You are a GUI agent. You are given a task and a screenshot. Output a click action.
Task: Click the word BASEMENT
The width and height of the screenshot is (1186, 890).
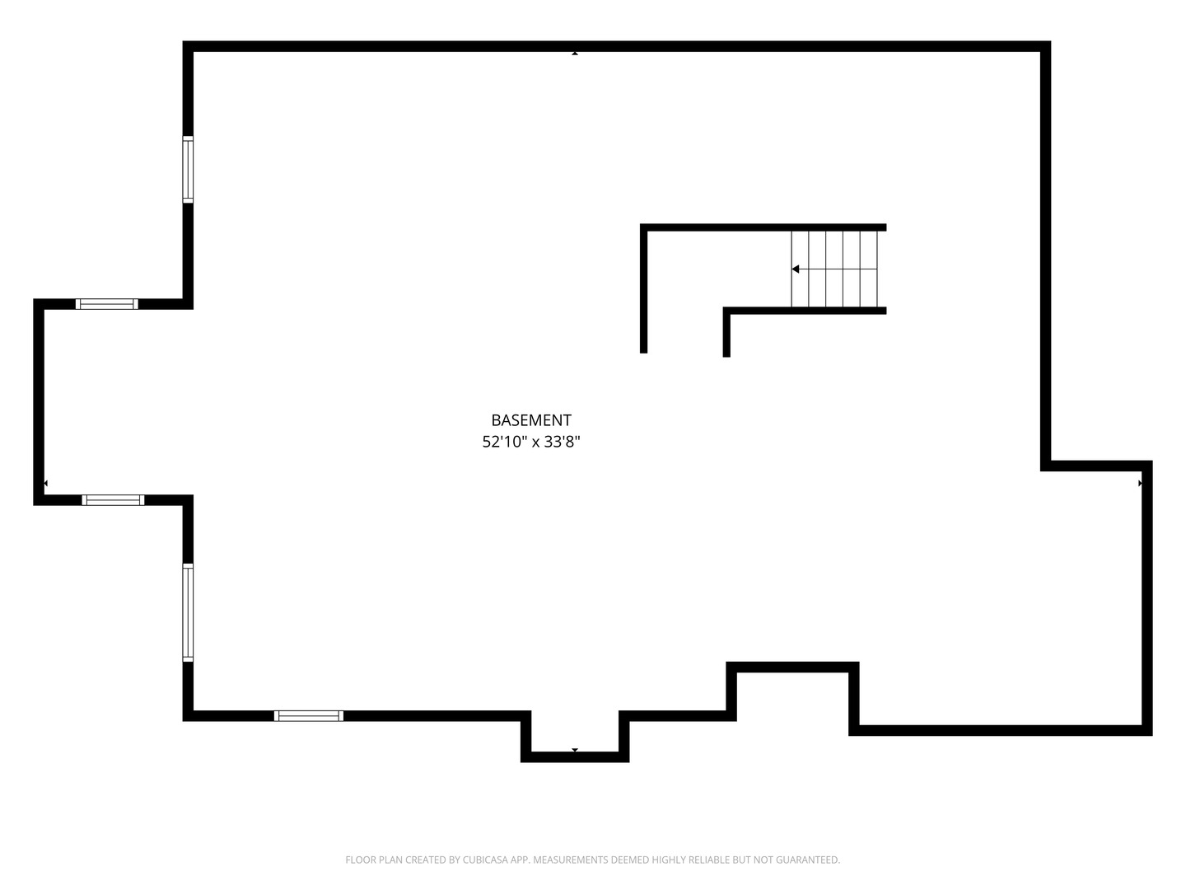(x=531, y=420)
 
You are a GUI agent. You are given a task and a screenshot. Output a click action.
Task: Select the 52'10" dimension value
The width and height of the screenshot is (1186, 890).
(x=503, y=442)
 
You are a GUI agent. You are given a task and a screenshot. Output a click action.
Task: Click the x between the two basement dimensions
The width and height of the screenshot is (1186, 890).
(x=535, y=443)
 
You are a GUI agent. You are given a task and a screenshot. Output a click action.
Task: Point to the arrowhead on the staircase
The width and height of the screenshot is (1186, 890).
(x=796, y=269)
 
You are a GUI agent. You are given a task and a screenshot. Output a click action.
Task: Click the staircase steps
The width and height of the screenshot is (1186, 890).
(x=835, y=269)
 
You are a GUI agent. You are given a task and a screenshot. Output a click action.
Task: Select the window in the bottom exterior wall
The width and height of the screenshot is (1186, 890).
(x=309, y=715)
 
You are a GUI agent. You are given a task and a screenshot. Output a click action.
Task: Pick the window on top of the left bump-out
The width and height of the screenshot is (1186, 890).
(x=107, y=304)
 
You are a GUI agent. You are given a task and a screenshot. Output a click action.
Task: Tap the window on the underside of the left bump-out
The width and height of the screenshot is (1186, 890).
(x=113, y=500)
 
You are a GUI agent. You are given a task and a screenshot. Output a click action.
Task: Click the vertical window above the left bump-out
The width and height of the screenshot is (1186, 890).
(x=188, y=170)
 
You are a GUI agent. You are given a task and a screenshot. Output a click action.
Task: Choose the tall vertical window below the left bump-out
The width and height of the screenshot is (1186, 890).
(x=188, y=612)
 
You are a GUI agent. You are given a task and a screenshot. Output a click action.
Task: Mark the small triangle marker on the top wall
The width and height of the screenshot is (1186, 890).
(x=575, y=54)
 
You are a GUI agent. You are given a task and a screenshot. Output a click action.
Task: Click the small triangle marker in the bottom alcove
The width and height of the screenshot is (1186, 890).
(x=575, y=750)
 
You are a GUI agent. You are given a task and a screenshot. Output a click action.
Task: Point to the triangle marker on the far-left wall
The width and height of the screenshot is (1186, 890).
(x=45, y=483)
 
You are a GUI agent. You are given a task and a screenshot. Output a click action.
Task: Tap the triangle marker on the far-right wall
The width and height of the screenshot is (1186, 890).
(x=1140, y=484)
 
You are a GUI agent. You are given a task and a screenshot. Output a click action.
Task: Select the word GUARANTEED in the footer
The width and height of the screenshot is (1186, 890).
(x=808, y=860)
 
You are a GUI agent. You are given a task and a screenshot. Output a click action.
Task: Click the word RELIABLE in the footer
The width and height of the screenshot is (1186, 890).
(x=703, y=860)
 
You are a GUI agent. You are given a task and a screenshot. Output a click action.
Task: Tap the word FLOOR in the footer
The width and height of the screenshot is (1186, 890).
(x=360, y=860)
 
